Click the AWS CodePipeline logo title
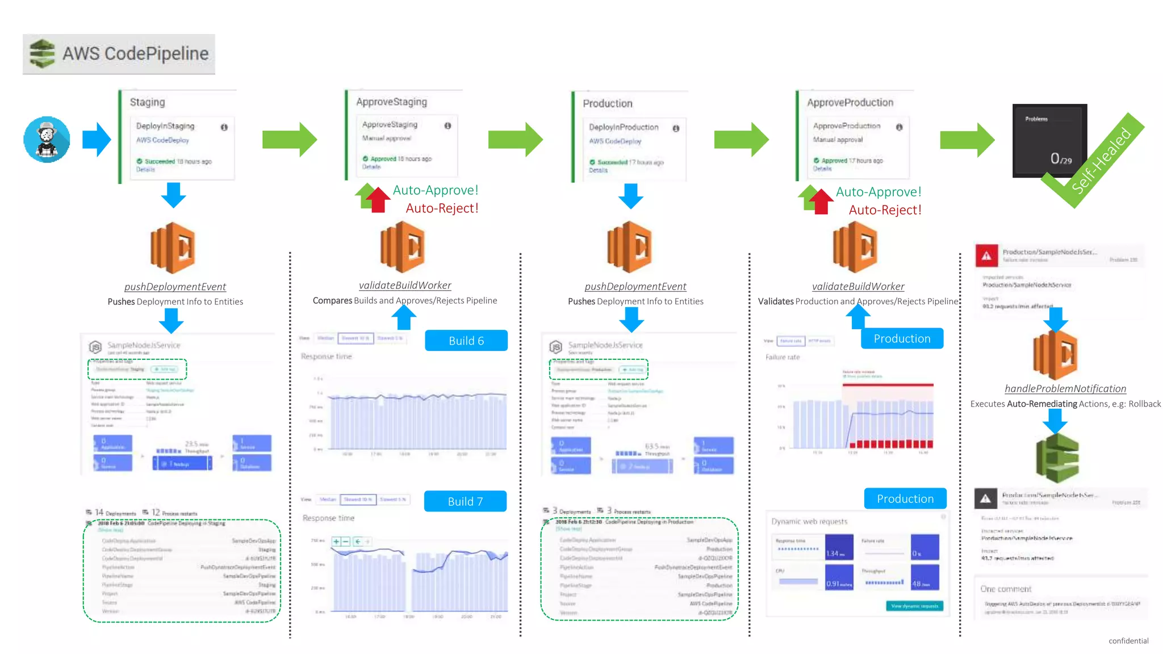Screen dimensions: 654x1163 (x=119, y=54)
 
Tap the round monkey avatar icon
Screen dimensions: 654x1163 (x=47, y=140)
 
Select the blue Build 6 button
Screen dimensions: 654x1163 (x=466, y=341)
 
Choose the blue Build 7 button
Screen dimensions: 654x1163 (x=465, y=501)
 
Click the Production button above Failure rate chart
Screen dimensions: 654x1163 (x=902, y=338)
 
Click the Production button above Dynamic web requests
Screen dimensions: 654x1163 (x=905, y=498)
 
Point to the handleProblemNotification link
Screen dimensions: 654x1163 (x=1065, y=389)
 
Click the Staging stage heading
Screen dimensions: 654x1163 (x=147, y=102)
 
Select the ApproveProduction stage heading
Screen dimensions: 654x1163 (x=850, y=103)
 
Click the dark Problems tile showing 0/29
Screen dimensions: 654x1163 (x=1049, y=140)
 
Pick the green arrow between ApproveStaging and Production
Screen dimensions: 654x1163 (x=515, y=140)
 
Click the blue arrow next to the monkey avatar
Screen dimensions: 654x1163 (x=97, y=140)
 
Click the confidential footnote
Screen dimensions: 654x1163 (x=1128, y=640)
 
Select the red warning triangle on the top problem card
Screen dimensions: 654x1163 (x=987, y=256)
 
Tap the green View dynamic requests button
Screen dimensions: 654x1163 (x=914, y=606)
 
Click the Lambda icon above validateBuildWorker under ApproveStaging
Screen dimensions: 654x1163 (x=403, y=248)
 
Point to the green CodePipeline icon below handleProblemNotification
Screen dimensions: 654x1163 (x=1057, y=458)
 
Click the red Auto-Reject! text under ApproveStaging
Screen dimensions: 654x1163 (x=442, y=208)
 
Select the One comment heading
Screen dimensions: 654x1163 (x=1005, y=589)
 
